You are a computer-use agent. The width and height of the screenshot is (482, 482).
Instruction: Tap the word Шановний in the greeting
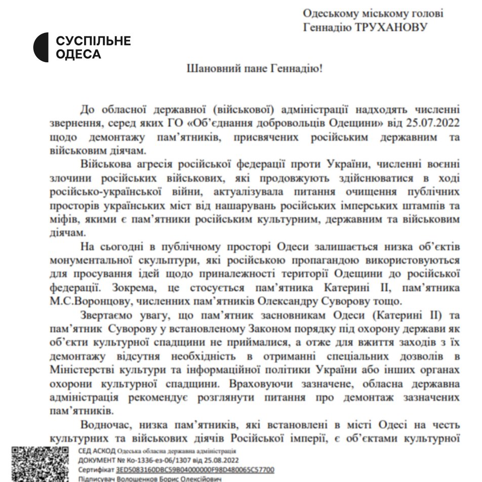click(208, 68)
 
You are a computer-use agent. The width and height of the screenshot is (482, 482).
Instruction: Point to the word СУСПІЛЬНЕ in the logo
click(93, 41)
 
